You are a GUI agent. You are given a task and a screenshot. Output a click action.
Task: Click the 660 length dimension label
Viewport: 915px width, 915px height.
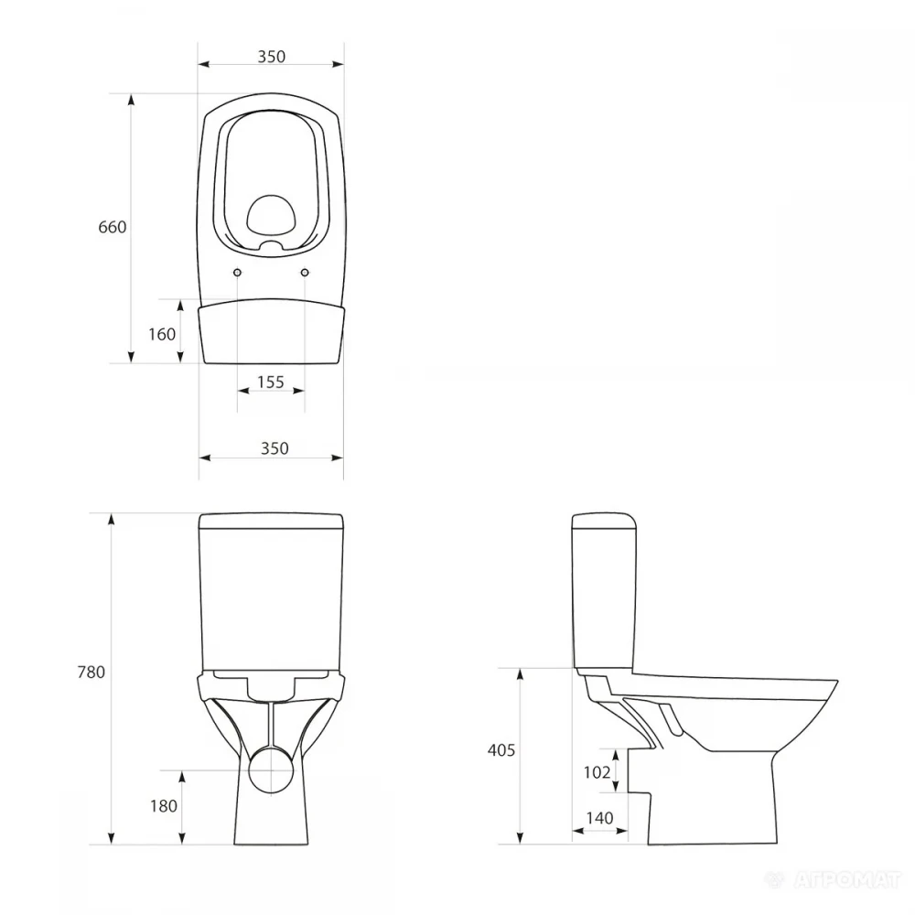click(x=112, y=227)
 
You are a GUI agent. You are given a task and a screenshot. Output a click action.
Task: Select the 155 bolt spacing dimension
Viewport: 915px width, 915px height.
click(x=271, y=382)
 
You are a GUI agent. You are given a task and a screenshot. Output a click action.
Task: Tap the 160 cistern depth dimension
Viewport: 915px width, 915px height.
click(x=162, y=334)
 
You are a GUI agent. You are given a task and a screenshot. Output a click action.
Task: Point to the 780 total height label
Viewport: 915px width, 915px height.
click(x=91, y=673)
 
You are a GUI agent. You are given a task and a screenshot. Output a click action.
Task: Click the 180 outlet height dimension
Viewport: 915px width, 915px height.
click(x=164, y=806)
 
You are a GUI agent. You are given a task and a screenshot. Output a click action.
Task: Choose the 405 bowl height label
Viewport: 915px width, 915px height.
click(x=501, y=750)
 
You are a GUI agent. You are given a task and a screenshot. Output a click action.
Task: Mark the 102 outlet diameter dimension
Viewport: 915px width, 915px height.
click(x=597, y=772)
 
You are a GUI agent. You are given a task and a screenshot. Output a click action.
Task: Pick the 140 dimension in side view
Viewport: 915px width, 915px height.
click(x=600, y=818)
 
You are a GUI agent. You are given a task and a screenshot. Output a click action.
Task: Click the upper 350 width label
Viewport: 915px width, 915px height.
click(x=272, y=57)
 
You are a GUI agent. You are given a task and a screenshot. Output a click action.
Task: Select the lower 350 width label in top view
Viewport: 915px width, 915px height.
click(x=274, y=448)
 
